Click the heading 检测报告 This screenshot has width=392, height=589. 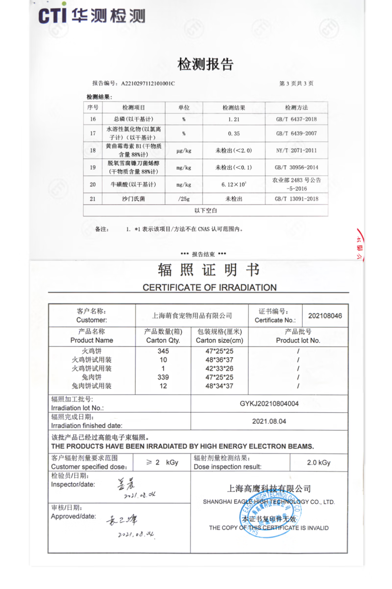pyautogui.click(x=205, y=64)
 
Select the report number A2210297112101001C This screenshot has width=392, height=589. pyautogui.click(x=147, y=83)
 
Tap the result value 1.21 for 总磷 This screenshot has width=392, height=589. pyautogui.click(x=233, y=119)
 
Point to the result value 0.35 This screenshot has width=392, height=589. pyautogui.click(x=233, y=133)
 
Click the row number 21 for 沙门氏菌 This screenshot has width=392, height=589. pyautogui.click(x=93, y=199)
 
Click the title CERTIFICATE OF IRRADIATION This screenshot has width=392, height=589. pyautogui.click(x=209, y=288)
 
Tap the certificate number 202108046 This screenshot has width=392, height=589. pyautogui.click(x=325, y=316)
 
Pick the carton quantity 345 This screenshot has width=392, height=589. pyautogui.click(x=163, y=351)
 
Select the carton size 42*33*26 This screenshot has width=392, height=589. pyautogui.click(x=219, y=369)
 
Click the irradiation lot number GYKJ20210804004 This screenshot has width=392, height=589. pyautogui.click(x=269, y=403)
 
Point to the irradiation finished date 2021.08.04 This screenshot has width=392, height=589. pyautogui.click(x=269, y=421)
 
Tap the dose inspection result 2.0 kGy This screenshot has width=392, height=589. pyautogui.click(x=318, y=462)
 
